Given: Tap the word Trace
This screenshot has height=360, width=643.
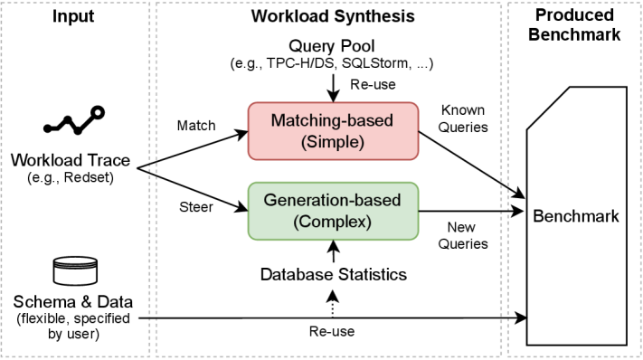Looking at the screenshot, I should [110, 162].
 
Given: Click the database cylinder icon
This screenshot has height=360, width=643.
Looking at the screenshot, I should [74, 271].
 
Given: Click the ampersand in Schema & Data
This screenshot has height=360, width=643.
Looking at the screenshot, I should [82, 302].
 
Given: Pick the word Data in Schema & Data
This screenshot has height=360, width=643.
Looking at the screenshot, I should [110, 302].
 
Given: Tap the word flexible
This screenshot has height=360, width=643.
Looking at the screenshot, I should [45, 318].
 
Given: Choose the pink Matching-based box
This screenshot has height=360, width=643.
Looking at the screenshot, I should [333, 130].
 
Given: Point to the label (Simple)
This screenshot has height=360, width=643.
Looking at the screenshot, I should [333, 142].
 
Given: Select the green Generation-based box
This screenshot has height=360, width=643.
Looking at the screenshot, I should [333, 211].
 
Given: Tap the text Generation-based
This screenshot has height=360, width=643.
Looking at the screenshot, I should [333, 200].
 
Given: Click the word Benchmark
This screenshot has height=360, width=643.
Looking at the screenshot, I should [576, 217].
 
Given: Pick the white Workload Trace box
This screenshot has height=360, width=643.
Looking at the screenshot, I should [73, 168].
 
